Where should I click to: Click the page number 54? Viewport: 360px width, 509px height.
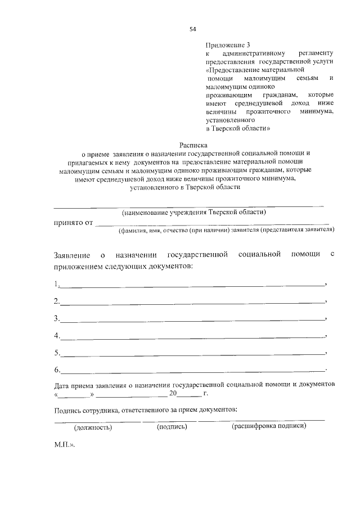click(x=193, y=29)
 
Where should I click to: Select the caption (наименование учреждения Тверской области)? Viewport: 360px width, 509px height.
click(x=194, y=212)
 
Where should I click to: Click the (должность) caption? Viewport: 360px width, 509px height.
click(x=93, y=427)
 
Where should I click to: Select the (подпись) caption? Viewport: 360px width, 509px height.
click(x=172, y=427)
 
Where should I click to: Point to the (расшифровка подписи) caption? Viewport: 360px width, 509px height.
click(x=269, y=426)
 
